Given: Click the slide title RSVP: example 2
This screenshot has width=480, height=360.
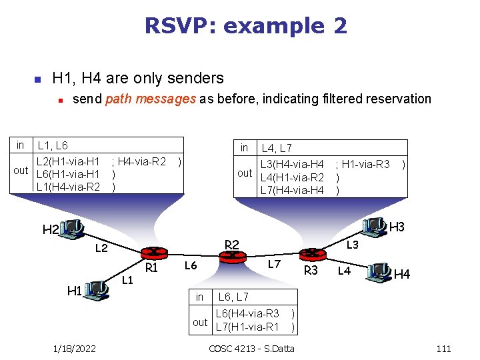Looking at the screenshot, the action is click(x=245, y=26).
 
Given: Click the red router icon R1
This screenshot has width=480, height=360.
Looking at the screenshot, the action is click(x=153, y=253).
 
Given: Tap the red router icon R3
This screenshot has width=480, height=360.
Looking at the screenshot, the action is click(x=311, y=254).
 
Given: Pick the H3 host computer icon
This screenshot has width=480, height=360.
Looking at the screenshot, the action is click(x=376, y=228).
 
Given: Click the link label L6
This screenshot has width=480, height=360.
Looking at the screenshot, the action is click(x=191, y=266).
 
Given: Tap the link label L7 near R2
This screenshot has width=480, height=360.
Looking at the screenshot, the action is click(x=274, y=264).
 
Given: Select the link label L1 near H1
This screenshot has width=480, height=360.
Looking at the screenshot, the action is click(x=129, y=279).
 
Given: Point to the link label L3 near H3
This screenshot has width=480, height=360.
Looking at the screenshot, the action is click(x=353, y=245).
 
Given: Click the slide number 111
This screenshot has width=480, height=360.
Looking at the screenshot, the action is click(x=443, y=349).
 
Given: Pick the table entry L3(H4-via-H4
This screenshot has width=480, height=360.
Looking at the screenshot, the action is click(x=293, y=164).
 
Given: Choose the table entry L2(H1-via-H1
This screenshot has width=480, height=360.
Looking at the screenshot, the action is click(x=68, y=161).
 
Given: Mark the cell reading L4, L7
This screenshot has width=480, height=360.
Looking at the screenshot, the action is click(x=277, y=148).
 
